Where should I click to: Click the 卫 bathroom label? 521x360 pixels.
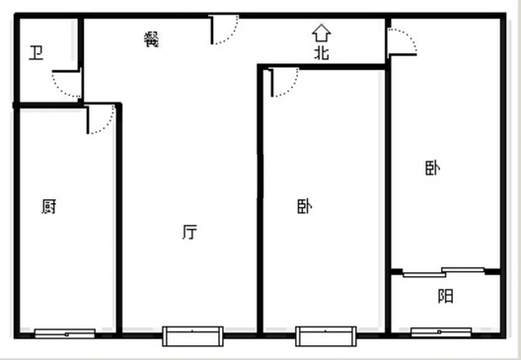click(37, 53)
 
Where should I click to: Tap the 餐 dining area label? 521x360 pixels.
click(152, 39)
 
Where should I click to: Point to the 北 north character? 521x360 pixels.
click(322, 52)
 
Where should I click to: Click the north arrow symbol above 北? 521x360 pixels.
click(322, 33)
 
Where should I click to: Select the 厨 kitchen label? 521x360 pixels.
click(49, 206)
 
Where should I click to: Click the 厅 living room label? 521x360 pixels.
click(189, 232)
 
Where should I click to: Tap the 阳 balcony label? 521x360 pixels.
click(445, 296)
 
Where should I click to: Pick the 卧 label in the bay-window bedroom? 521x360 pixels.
click(304, 206)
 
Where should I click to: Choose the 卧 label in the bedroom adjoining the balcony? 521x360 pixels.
click(433, 168)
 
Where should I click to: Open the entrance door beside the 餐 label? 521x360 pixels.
click(224, 30)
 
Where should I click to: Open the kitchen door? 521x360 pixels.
click(100, 119)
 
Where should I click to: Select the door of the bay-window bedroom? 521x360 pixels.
click(284, 83)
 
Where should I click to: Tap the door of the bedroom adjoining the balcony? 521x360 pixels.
click(402, 42)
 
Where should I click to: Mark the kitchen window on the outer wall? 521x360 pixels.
click(65, 333)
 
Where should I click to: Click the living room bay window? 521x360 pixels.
click(192, 336)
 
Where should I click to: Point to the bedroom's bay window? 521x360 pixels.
click(326, 336)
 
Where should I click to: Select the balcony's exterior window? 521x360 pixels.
click(441, 332)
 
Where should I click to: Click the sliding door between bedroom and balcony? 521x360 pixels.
click(444, 272)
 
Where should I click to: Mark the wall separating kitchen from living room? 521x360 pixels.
click(119, 219)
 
